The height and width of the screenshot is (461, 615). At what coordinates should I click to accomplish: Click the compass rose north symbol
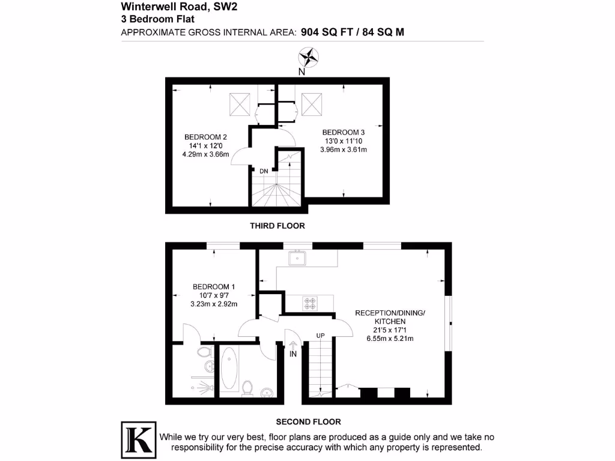309,58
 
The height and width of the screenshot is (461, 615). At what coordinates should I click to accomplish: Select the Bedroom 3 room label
344,132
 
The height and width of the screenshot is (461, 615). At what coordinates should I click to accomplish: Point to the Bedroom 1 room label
214,286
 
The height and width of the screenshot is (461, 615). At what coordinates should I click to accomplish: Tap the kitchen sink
298,258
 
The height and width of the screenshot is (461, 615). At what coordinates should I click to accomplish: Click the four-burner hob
311,303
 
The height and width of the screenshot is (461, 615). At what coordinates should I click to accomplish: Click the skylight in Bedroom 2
240,106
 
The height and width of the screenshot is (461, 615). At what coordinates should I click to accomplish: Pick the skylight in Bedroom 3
312,104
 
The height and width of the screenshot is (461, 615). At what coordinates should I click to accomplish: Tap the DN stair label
264,171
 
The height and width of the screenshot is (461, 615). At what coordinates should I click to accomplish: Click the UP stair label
321,334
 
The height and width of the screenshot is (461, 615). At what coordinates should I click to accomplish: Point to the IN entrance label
294,355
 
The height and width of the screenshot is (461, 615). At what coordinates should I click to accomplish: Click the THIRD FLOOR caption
277,226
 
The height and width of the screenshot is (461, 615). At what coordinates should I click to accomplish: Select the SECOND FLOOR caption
308,421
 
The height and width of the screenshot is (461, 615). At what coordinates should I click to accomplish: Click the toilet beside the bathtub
246,389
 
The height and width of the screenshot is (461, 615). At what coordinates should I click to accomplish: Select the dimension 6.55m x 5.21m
390,339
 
